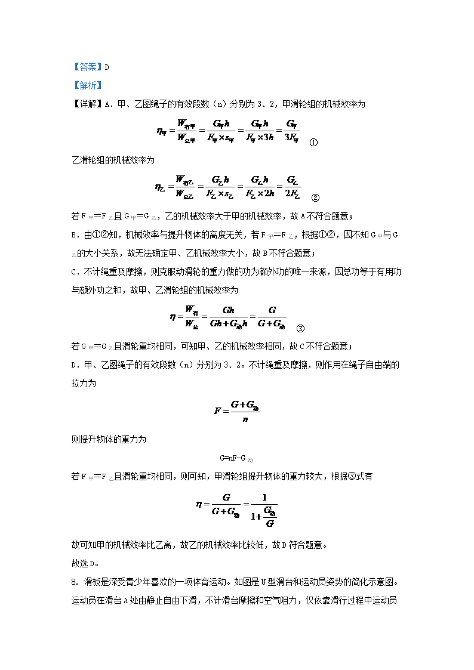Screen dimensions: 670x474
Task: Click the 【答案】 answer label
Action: tap(87, 67)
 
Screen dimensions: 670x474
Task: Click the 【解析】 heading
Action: tap(87, 85)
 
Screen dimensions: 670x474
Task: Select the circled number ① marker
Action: tap(314, 143)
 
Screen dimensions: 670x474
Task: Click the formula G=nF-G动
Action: tap(236, 458)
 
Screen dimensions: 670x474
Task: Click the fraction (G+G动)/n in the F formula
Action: tap(245, 411)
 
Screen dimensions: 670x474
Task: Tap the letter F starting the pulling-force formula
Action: tap(217, 411)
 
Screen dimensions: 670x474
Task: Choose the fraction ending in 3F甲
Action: tap(292, 131)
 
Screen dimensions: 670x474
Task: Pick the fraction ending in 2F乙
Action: tap(293, 186)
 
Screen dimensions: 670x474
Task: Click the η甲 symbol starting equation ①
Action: tap(161, 131)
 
